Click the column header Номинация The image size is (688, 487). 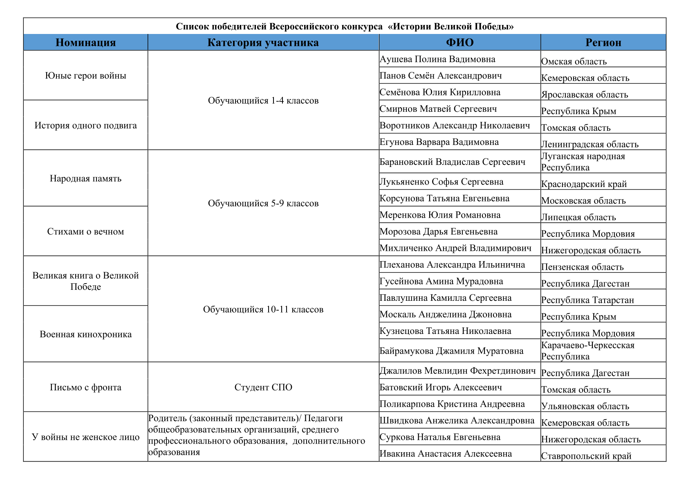85,43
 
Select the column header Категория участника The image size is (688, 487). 263,43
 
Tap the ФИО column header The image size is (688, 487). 459,43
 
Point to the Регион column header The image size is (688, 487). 603,43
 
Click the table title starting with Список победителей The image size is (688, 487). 345,27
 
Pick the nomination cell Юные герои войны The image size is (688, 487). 85,76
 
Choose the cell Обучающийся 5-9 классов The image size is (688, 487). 263,203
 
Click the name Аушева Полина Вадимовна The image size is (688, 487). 437,59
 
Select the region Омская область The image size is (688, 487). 574,62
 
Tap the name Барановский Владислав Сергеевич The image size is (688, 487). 452,162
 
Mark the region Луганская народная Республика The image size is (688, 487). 583,162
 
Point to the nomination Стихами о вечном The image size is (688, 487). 85,232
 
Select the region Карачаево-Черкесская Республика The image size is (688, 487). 587,351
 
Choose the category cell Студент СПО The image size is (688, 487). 263,388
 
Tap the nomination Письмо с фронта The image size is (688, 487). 85,388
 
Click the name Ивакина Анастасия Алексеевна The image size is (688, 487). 446,454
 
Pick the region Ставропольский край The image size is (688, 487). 586,456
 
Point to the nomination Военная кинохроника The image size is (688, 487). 85,334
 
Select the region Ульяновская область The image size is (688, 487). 585,406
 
